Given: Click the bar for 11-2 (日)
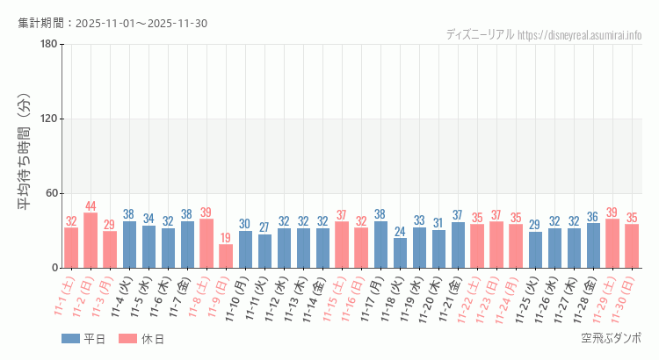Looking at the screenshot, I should pos(91,241).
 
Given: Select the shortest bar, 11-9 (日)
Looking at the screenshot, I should pos(226,256).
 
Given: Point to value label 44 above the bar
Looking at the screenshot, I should pos(91,206).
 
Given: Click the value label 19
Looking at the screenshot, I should pos(226,238).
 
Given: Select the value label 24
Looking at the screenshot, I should pos(400,232).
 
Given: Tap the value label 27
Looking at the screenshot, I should pos(264,228).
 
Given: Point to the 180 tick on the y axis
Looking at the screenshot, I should pos(48,45).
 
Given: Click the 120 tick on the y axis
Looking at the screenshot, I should pos(48,119).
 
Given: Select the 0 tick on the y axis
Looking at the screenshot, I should pos(54,268).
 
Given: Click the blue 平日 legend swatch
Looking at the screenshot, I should pos(70,339).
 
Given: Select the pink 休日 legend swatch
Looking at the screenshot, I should pos(128,339).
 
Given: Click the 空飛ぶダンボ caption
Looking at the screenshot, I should pos(611,338).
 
